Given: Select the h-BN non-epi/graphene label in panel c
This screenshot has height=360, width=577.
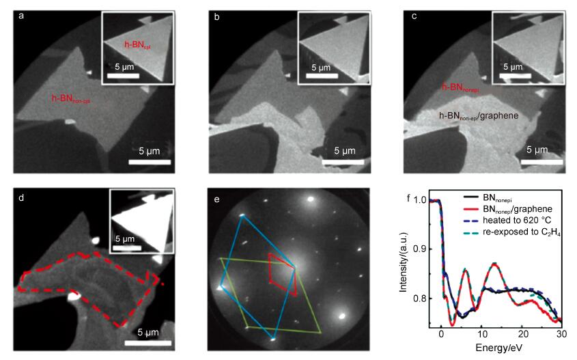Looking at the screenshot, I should coord(479,116).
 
